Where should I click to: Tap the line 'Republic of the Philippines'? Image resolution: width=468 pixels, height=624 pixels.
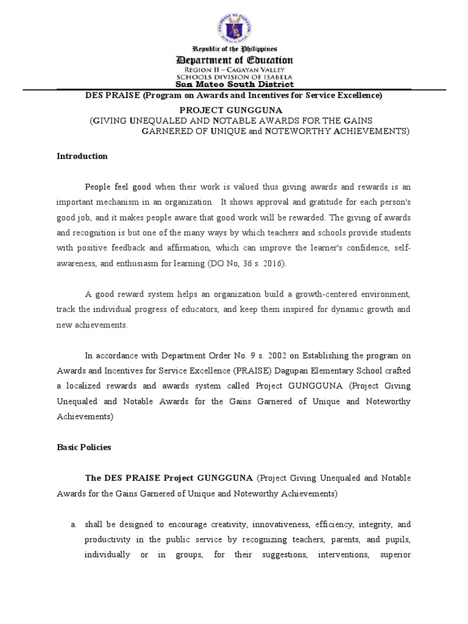(235, 48)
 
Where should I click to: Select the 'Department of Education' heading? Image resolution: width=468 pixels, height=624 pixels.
(235, 60)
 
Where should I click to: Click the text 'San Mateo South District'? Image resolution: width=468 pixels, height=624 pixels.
(235, 85)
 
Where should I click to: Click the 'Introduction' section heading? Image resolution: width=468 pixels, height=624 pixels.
(82, 156)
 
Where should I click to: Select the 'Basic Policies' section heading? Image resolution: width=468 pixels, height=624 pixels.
(84, 447)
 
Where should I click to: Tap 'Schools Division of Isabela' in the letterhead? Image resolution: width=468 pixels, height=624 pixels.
(235, 77)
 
